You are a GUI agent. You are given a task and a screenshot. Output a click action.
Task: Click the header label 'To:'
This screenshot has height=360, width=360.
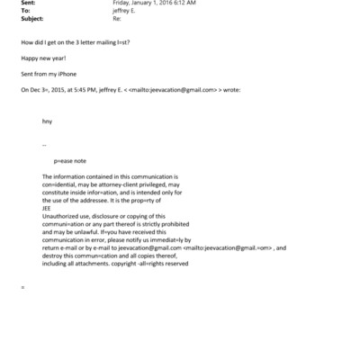(24, 11)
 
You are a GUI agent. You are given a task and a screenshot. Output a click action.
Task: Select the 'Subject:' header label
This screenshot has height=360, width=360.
(31, 18)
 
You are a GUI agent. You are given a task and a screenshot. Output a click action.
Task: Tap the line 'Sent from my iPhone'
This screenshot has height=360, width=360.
(46, 74)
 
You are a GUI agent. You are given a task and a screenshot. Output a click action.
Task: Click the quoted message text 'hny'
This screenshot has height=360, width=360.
(47, 121)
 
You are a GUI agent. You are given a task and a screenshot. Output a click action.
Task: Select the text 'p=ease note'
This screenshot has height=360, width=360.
(71, 160)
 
